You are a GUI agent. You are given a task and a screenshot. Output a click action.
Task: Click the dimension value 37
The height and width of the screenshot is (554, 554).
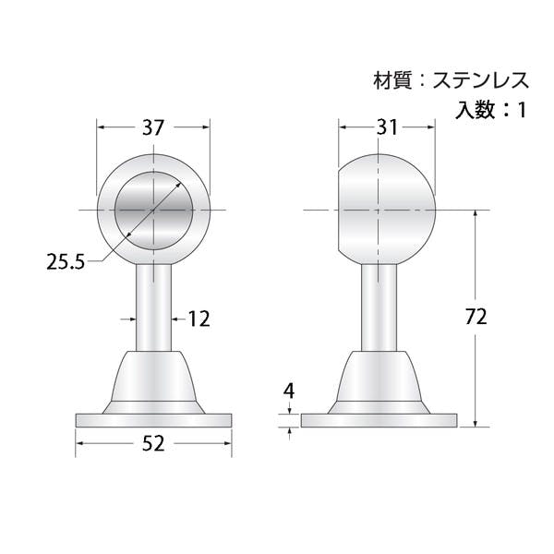153,127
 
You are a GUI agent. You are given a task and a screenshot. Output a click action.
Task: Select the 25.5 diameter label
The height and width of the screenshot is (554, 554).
66,262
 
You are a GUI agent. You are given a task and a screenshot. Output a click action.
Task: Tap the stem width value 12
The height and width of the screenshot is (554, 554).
199,319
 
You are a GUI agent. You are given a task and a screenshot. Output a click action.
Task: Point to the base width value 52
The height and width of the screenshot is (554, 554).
153,443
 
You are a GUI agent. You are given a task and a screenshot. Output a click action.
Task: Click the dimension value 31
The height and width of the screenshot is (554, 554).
387,127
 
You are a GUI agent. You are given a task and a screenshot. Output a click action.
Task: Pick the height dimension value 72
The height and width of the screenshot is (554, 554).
476,316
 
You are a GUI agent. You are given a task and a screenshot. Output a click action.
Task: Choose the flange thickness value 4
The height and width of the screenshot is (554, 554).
289,391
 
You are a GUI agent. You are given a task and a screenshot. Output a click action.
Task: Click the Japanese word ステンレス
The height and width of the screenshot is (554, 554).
481,80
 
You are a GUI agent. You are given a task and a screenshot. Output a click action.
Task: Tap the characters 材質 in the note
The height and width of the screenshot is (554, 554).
392,80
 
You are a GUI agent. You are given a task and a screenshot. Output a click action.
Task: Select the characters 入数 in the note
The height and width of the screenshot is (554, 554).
475,110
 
